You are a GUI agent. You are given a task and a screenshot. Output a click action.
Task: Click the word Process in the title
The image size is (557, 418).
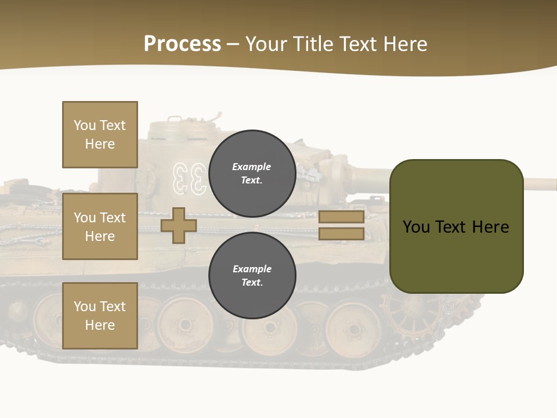coord(182,44)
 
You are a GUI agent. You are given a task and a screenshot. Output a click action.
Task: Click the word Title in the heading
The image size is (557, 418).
coord(313,44)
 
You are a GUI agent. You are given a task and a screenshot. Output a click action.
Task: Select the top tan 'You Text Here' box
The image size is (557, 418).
coord(100,135)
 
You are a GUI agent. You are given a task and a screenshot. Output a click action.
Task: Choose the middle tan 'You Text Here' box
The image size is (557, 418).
coord(100,226)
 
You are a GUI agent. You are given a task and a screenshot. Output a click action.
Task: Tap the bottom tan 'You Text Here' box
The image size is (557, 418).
coord(100,316)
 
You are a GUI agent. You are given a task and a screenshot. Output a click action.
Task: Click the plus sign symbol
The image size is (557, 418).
coord(178,225)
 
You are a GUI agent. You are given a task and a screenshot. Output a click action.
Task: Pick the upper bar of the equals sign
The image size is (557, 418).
coord(341,217)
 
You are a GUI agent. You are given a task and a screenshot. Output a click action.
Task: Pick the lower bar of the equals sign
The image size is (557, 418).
coord(341,233)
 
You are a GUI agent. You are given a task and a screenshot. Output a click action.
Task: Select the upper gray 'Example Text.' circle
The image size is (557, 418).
coord(252,174)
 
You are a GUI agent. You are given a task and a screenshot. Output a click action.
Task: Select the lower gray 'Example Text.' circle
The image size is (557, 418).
coord(252,276)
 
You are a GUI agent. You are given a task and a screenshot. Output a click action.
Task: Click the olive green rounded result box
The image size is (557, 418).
coord(456,226)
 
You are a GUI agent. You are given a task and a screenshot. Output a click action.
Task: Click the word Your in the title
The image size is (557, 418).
coord(266,44)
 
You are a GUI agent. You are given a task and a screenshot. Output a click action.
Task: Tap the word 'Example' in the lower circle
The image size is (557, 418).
coord(252,269)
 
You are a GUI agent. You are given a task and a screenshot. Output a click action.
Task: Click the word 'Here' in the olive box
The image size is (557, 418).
coord(490,227)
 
